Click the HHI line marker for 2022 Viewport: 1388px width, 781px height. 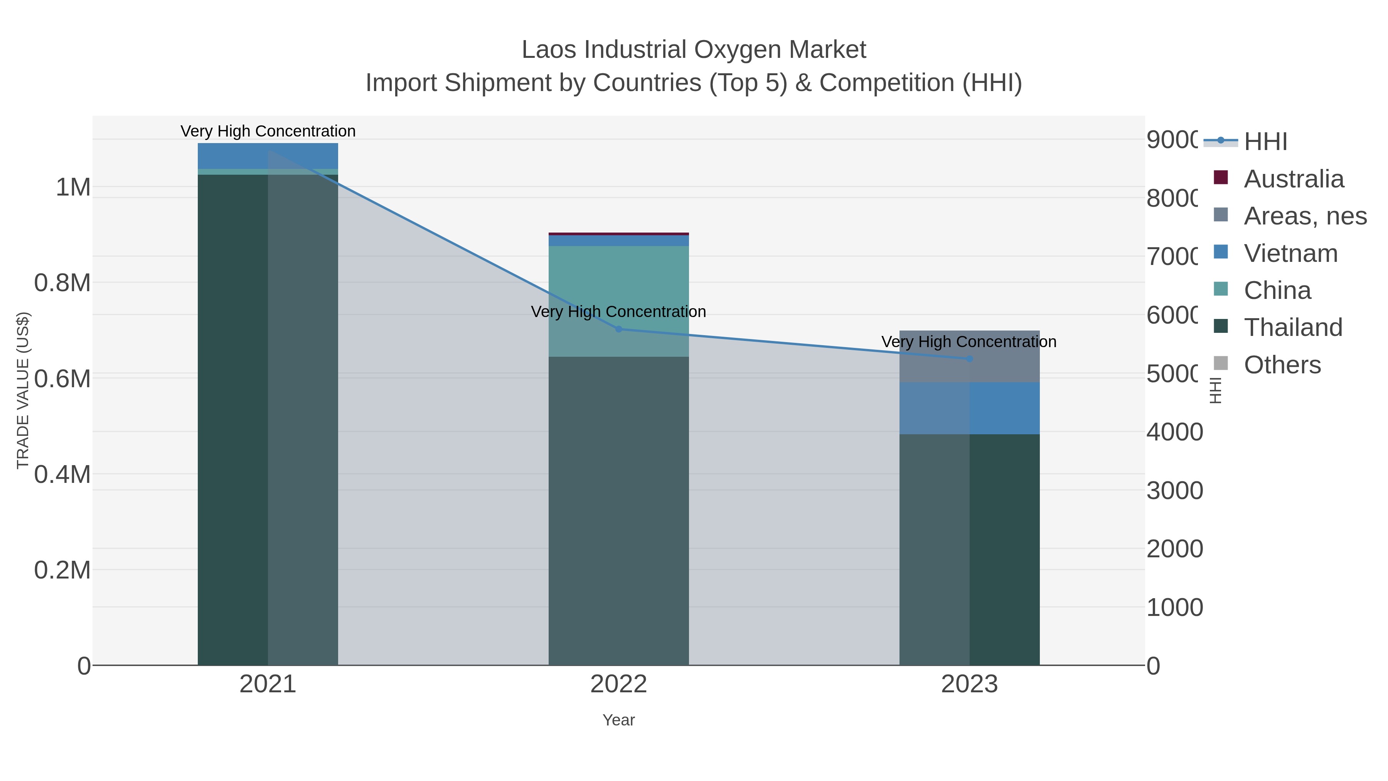coord(618,329)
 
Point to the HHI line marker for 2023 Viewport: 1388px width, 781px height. coord(969,358)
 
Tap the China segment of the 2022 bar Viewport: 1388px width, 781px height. coord(618,280)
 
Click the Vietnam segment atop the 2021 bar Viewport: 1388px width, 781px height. coord(268,156)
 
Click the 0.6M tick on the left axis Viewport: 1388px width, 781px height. coord(62,379)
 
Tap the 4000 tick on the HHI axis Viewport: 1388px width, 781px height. coord(1174,432)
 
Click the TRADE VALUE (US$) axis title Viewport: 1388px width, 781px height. coord(23,390)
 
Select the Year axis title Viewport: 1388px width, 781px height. coord(618,720)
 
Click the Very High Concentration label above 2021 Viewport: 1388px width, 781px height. coord(268,131)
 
